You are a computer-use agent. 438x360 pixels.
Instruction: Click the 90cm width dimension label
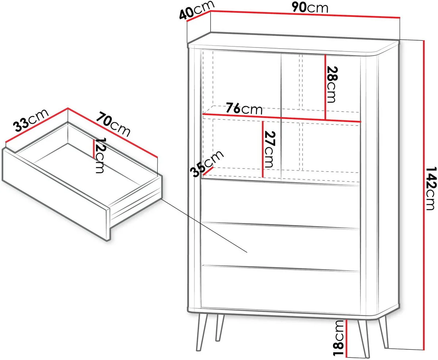pyautogui.click(x=310, y=8)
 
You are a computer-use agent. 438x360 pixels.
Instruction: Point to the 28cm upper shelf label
pyautogui.click(x=332, y=84)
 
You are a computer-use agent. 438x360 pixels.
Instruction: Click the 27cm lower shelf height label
pyautogui.click(x=270, y=149)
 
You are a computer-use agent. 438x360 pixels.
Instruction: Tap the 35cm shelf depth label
pyautogui.click(x=207, y=164)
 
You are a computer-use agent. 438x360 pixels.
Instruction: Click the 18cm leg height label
pyautogui.click(x=338, y=338)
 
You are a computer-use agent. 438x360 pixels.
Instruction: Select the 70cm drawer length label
pyautogui.click(x=113, y=124)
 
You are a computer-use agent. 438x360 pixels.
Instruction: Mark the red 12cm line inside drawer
pyautogui.click(x=94, y=149)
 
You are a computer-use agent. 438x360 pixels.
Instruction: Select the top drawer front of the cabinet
pyautogui.click(x=281, y=204)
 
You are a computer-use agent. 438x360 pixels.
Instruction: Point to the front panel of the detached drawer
pyautogui.click(x=55, y=194)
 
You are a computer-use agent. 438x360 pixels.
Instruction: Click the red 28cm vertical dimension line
pyautogui.click(x=325, y=87)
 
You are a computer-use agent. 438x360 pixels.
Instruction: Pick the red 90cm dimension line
pyautogui.click(x=305, y=14)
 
